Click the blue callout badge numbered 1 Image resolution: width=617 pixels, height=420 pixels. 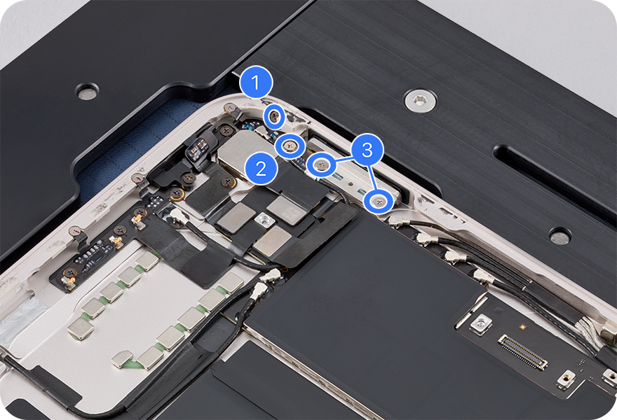click(256, 83)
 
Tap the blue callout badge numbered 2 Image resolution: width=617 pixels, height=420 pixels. click(261, 169)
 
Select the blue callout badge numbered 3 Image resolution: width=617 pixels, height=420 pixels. click(367, 150)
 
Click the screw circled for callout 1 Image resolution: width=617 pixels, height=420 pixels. click(275, 116)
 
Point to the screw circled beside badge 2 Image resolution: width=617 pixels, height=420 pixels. click(291, 146)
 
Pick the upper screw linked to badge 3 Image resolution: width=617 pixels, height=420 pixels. click(322, 164)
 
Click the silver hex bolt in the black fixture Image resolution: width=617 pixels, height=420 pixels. click(420, 101)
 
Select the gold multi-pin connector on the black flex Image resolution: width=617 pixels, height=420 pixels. click(523, 352)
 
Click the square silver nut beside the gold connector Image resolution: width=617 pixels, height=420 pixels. click(480, 325)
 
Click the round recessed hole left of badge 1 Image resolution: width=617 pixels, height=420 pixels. click(87, 92)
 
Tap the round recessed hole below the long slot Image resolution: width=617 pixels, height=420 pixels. click(560, 237)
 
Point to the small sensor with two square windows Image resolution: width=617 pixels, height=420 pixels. click(198, 148)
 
